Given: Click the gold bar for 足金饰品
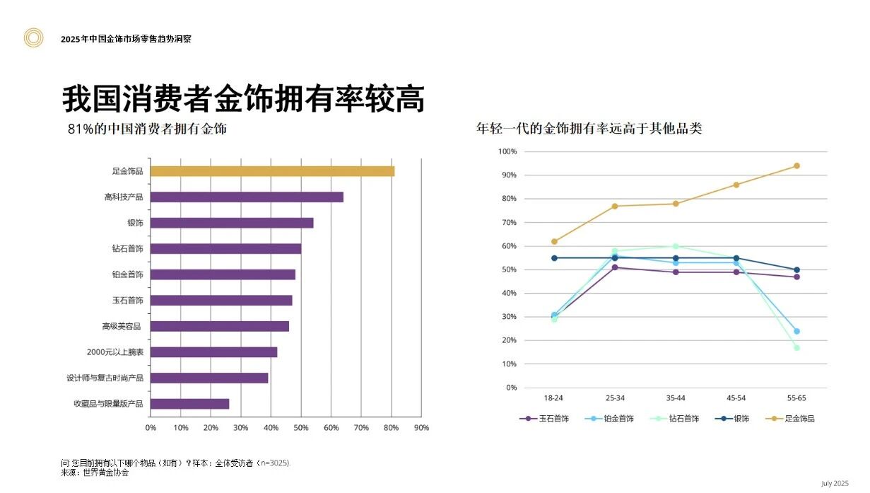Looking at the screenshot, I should click(x=272, y=171).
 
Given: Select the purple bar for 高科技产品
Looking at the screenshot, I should click(x=247, y=197).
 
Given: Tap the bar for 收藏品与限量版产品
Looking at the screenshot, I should click(x=189, y=404).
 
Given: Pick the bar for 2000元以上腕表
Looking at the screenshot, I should click(x=213, y=352).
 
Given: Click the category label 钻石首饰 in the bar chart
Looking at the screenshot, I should click(x=127, y=249).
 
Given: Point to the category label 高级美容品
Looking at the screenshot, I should click(x=122, y=326).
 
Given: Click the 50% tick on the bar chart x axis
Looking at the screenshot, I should click(x=301, y=428).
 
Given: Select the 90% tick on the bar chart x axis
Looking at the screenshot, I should click(x=421, y=428).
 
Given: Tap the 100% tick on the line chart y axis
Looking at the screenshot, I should click(x=507, y=151).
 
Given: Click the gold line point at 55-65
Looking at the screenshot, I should click(x=796, y=166).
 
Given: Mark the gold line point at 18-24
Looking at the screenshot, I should click(x=554, y=241).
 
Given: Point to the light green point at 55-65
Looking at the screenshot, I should click(x=796, y=347).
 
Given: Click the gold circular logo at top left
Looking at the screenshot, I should click(x=33, y=38).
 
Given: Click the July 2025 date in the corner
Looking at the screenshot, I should click(x=834, y=483).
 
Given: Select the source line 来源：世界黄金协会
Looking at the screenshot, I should click(x=95, y=472).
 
